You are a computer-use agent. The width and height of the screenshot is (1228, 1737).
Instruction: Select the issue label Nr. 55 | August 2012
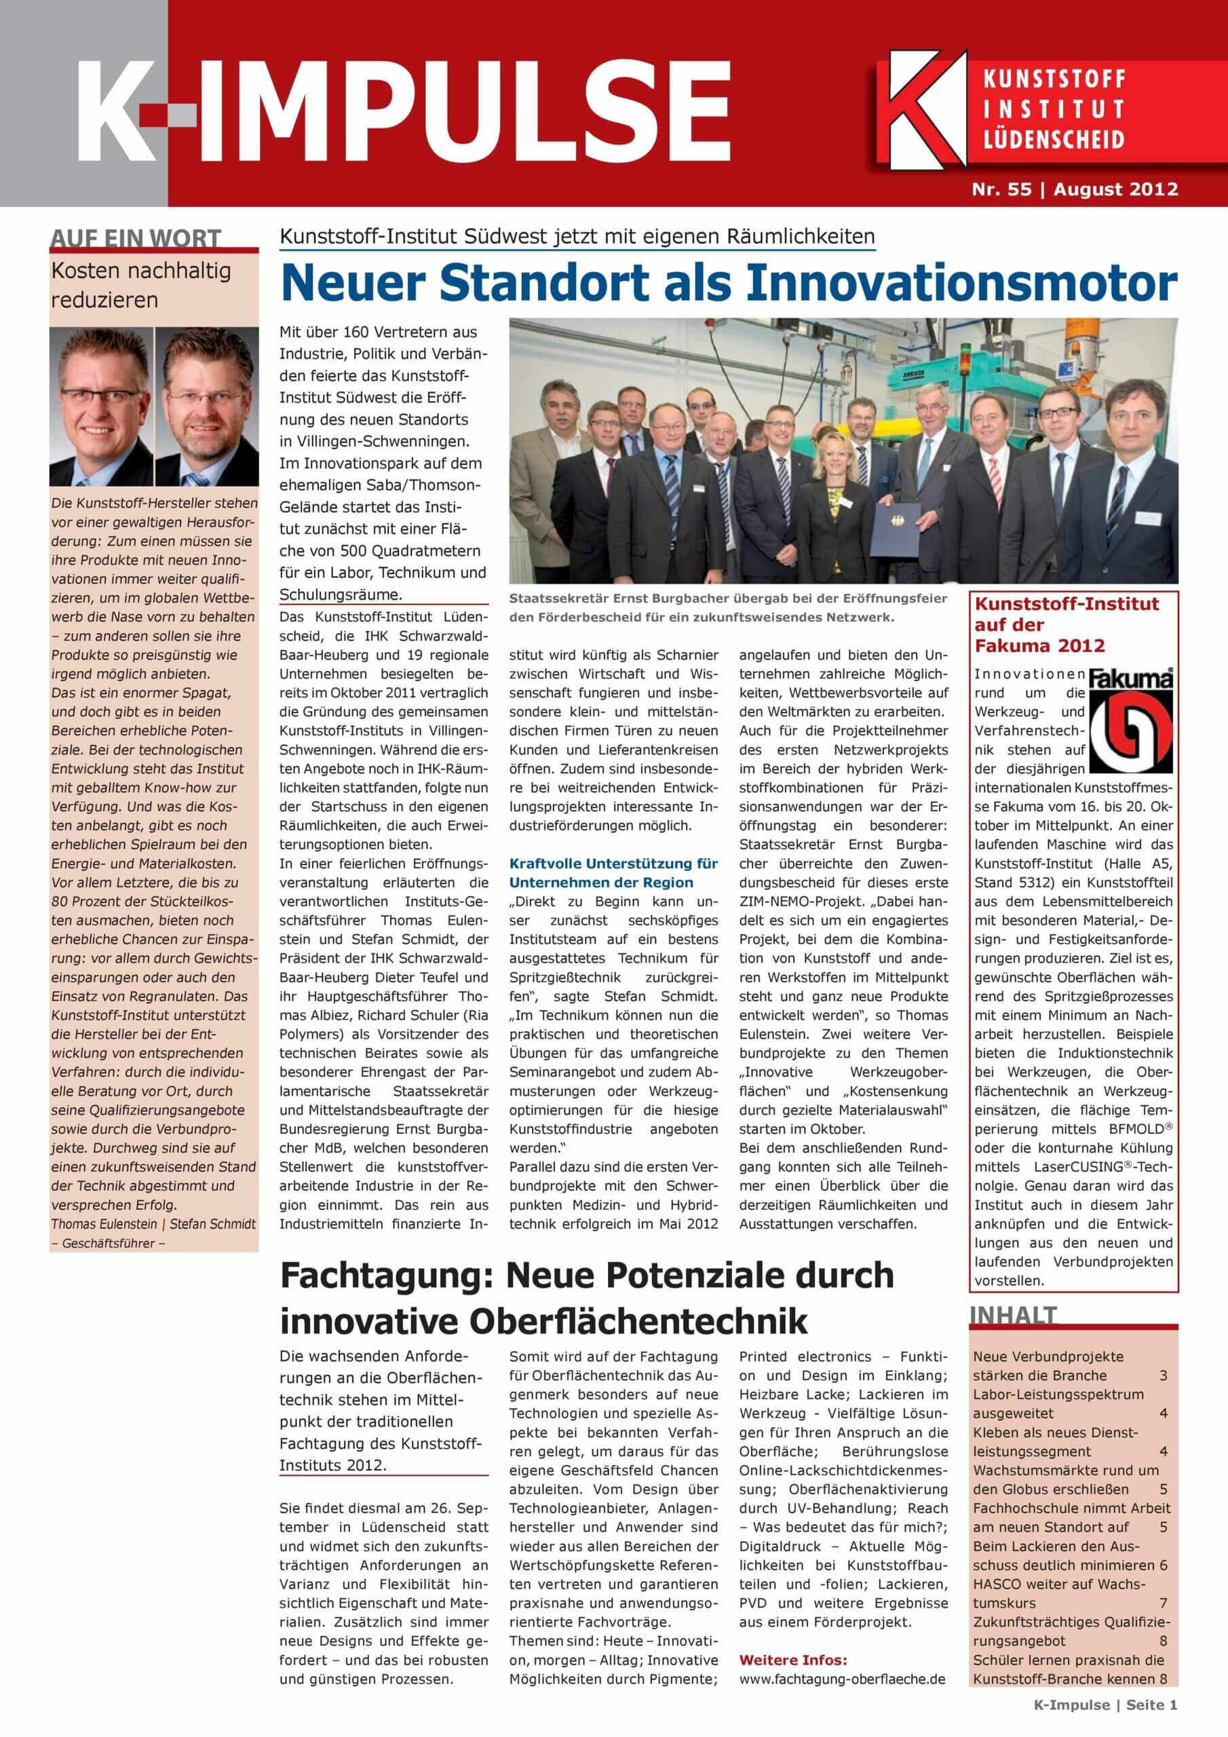(x=1075, y=189)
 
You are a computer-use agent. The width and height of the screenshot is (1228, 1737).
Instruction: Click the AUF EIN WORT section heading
(x=136, y=238)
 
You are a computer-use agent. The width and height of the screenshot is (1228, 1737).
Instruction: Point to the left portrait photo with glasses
(x=101, y=406)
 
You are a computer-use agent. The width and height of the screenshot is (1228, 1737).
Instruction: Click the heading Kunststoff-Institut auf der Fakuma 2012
(x=1066, y=624)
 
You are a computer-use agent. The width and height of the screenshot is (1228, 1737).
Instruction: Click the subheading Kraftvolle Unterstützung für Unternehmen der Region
(x=613, y=873)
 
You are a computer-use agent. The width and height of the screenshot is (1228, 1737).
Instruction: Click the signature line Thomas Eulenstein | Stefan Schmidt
(x=153, y=1223)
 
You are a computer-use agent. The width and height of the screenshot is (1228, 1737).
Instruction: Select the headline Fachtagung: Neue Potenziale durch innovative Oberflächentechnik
(x=586, y=1298)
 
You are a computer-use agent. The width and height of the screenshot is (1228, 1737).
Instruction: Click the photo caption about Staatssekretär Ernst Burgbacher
(x=728, y=607)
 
